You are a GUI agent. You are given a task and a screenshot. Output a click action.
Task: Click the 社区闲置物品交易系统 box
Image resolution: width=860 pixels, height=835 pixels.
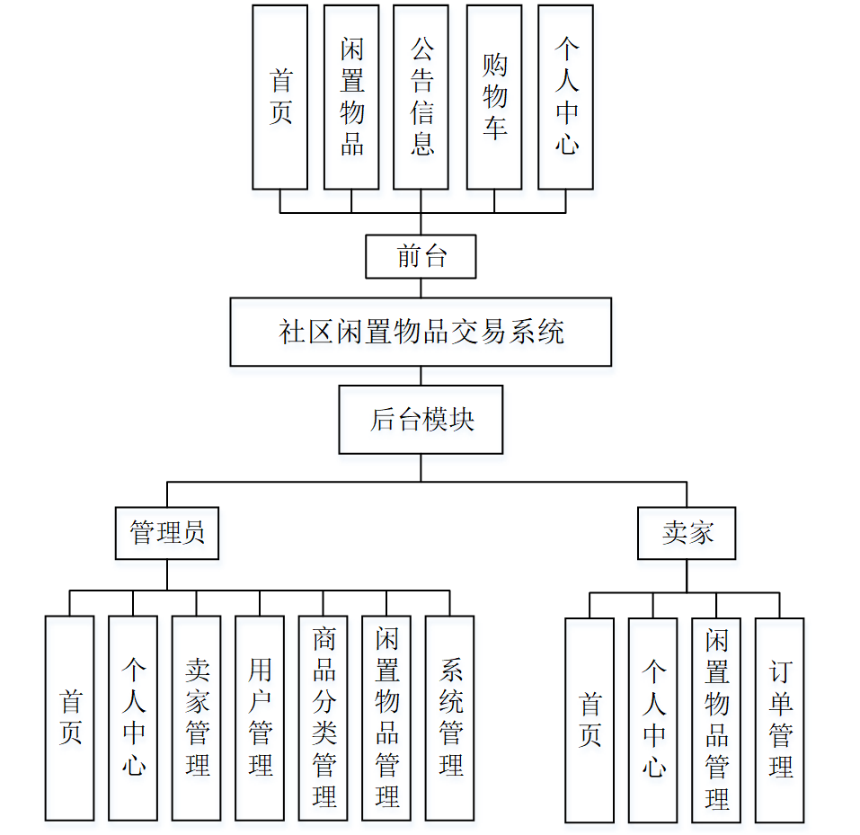click(x=421, y=332)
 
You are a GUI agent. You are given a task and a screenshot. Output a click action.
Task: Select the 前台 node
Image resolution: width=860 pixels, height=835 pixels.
click(x=421, y=257)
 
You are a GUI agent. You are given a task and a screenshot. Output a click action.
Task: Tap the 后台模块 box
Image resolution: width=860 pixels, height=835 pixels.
click(x=421, y=420)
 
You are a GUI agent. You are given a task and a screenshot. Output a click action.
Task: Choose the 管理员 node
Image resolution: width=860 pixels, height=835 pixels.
click(x=167, y=533)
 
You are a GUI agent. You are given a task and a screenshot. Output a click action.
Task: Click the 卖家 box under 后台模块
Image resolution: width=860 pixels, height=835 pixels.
click(x=687, y=533)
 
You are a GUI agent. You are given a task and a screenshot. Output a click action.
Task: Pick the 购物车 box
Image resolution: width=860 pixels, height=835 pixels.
click(x=494, y=97)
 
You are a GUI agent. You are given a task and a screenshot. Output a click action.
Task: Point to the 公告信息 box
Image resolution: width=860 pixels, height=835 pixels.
click(x=421, y=97)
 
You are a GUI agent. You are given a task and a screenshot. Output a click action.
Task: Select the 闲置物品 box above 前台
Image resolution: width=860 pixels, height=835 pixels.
click(x=351, y=97)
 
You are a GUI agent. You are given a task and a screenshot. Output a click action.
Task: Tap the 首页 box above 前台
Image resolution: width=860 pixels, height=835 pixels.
click(x=280, y=97)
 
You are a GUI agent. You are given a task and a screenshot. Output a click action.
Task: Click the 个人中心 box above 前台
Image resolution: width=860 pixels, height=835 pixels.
click(x=565, y=97)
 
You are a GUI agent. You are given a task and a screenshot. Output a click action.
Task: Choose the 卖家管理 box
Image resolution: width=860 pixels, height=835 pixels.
click(x=196, y=717)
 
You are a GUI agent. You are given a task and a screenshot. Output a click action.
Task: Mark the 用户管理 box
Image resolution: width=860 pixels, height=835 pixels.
click(x=260, y=717)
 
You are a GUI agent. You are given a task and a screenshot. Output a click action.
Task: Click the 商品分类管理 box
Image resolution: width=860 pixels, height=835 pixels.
click(x=324, y=717)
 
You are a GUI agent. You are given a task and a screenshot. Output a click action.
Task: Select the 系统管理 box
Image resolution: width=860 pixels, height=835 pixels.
click(x=449, y=717)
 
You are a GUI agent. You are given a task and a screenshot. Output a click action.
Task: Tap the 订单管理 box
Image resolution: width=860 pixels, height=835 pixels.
click(x=779, y=720)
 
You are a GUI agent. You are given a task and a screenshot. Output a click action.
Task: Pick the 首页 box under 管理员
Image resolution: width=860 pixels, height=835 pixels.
click(x=70, y=717)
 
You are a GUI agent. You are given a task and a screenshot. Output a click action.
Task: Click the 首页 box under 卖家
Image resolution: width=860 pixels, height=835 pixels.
click(x=590, y=720)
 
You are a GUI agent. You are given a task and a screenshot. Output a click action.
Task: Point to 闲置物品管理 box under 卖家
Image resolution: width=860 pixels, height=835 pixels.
click(x=716, y=720)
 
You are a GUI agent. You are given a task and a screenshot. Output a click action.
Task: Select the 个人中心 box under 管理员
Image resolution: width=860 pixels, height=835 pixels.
click(x=133, y=717)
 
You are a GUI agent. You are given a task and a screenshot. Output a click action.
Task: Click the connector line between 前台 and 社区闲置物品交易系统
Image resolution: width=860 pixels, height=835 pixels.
click(x=421, y=289)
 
